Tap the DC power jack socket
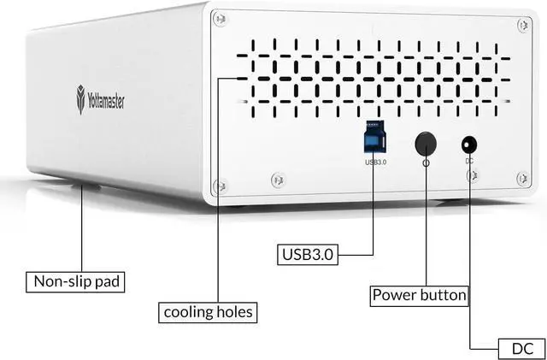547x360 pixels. (469, 145)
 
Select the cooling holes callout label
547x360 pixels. (209, 312)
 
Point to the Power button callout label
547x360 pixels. (420, 296)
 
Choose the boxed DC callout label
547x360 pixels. (518, 349)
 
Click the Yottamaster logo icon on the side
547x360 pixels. (80, 101)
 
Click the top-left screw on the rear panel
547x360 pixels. (221, 16)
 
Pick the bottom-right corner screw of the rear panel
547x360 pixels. (522, 178)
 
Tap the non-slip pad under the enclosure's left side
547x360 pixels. (85, 185)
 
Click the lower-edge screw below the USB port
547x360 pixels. (277, 180)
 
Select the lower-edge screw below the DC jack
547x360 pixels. (472, 175)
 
